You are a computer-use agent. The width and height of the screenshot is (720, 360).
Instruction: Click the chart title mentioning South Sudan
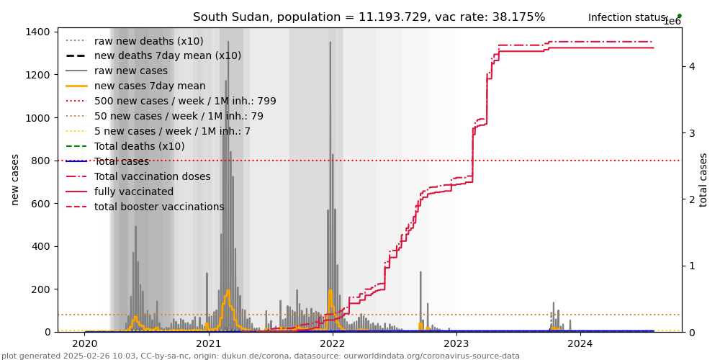tap(369, 17)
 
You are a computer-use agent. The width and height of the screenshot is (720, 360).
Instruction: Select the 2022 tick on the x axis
tap(333, 344)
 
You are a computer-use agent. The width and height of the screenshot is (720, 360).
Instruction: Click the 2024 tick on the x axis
tap(580, 344)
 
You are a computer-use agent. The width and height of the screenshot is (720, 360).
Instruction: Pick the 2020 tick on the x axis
tap(85, 344)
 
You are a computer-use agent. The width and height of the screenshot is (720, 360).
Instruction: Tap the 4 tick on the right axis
tap(692, 66)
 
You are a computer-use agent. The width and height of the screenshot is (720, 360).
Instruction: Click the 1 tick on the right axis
tap(692, 266)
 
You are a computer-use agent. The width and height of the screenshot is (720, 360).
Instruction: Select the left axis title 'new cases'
tap(15, 179)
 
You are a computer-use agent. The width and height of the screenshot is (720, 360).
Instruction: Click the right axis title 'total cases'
tap(704, 179)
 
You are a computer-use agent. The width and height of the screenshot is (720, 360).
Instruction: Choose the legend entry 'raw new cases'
tap(130, 71)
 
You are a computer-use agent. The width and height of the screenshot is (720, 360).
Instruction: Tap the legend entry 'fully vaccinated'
tap(134, 192)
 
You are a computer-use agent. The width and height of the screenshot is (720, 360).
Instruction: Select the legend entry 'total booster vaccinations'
tap(159, 207)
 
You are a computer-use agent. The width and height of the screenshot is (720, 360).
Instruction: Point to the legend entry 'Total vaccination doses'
tap(152, 176)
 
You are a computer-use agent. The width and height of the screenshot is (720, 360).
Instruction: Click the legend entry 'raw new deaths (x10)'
tap(148, 41)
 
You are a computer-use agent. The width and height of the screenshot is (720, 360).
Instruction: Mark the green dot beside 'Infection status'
tap(679, 16)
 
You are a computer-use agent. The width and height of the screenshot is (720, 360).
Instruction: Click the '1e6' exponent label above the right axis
tap(672, 22)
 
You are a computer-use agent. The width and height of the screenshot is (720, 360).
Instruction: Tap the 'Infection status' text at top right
tap(626, 17)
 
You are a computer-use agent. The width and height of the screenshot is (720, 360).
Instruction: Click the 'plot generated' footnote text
tap(260, 356)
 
